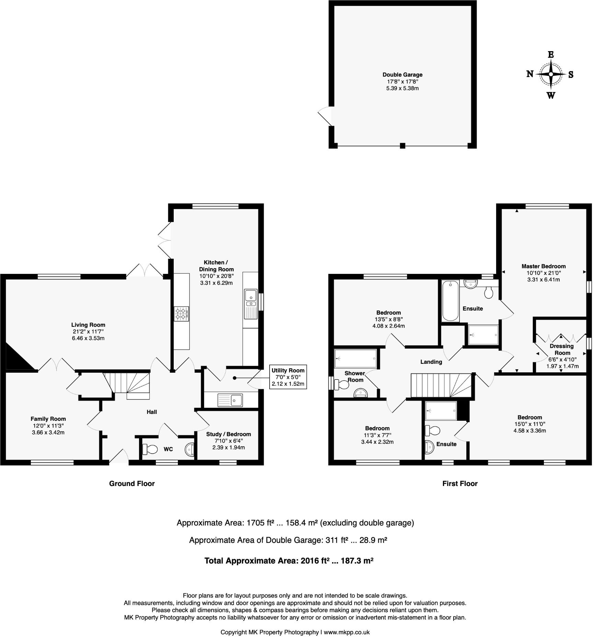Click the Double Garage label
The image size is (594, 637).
click(402, 74)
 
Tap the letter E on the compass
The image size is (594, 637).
click(551, 55)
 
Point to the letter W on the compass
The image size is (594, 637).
click(551, 95)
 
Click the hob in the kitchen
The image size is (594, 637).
click(182, 314)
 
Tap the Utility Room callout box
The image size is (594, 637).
click(288, 377)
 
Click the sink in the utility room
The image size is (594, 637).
click(230, 400)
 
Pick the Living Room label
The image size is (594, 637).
click(88, 325)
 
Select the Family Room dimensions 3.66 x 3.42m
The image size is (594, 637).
click(48, 432)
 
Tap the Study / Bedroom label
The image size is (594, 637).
click(228, 434)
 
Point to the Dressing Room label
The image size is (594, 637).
click(561, 349)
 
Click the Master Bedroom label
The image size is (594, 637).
click(544, 266)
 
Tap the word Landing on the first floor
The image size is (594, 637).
click(431, 361)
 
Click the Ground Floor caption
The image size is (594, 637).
click(132, 484)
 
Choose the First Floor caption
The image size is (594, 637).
click(460, 484)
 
